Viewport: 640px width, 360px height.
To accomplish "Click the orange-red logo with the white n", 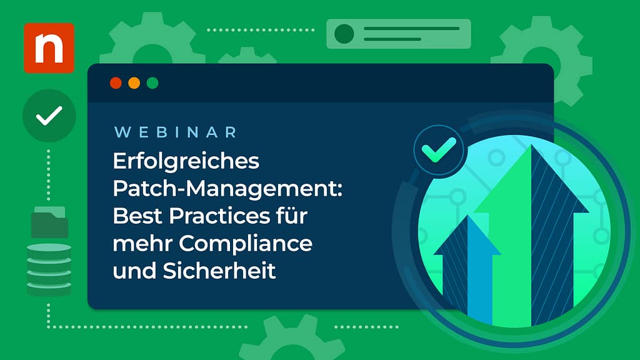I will coord(49,47).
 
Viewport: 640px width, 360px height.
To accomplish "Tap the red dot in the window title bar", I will coord(116,83).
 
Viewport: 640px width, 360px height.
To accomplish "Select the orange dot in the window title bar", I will coord(134,83).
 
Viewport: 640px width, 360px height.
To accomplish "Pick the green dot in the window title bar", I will coord(152,83).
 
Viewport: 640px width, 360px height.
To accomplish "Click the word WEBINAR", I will coord(176,132).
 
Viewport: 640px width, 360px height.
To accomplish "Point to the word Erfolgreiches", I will coord(186,161).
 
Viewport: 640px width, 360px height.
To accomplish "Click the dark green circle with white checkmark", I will coord(49,116).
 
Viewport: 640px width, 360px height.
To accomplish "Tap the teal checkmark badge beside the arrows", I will coord(438,151).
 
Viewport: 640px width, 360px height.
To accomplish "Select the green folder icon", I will coord(49,222).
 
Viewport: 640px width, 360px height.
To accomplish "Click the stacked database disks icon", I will coord(49,269).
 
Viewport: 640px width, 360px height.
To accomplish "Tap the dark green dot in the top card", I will coord(344,34).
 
